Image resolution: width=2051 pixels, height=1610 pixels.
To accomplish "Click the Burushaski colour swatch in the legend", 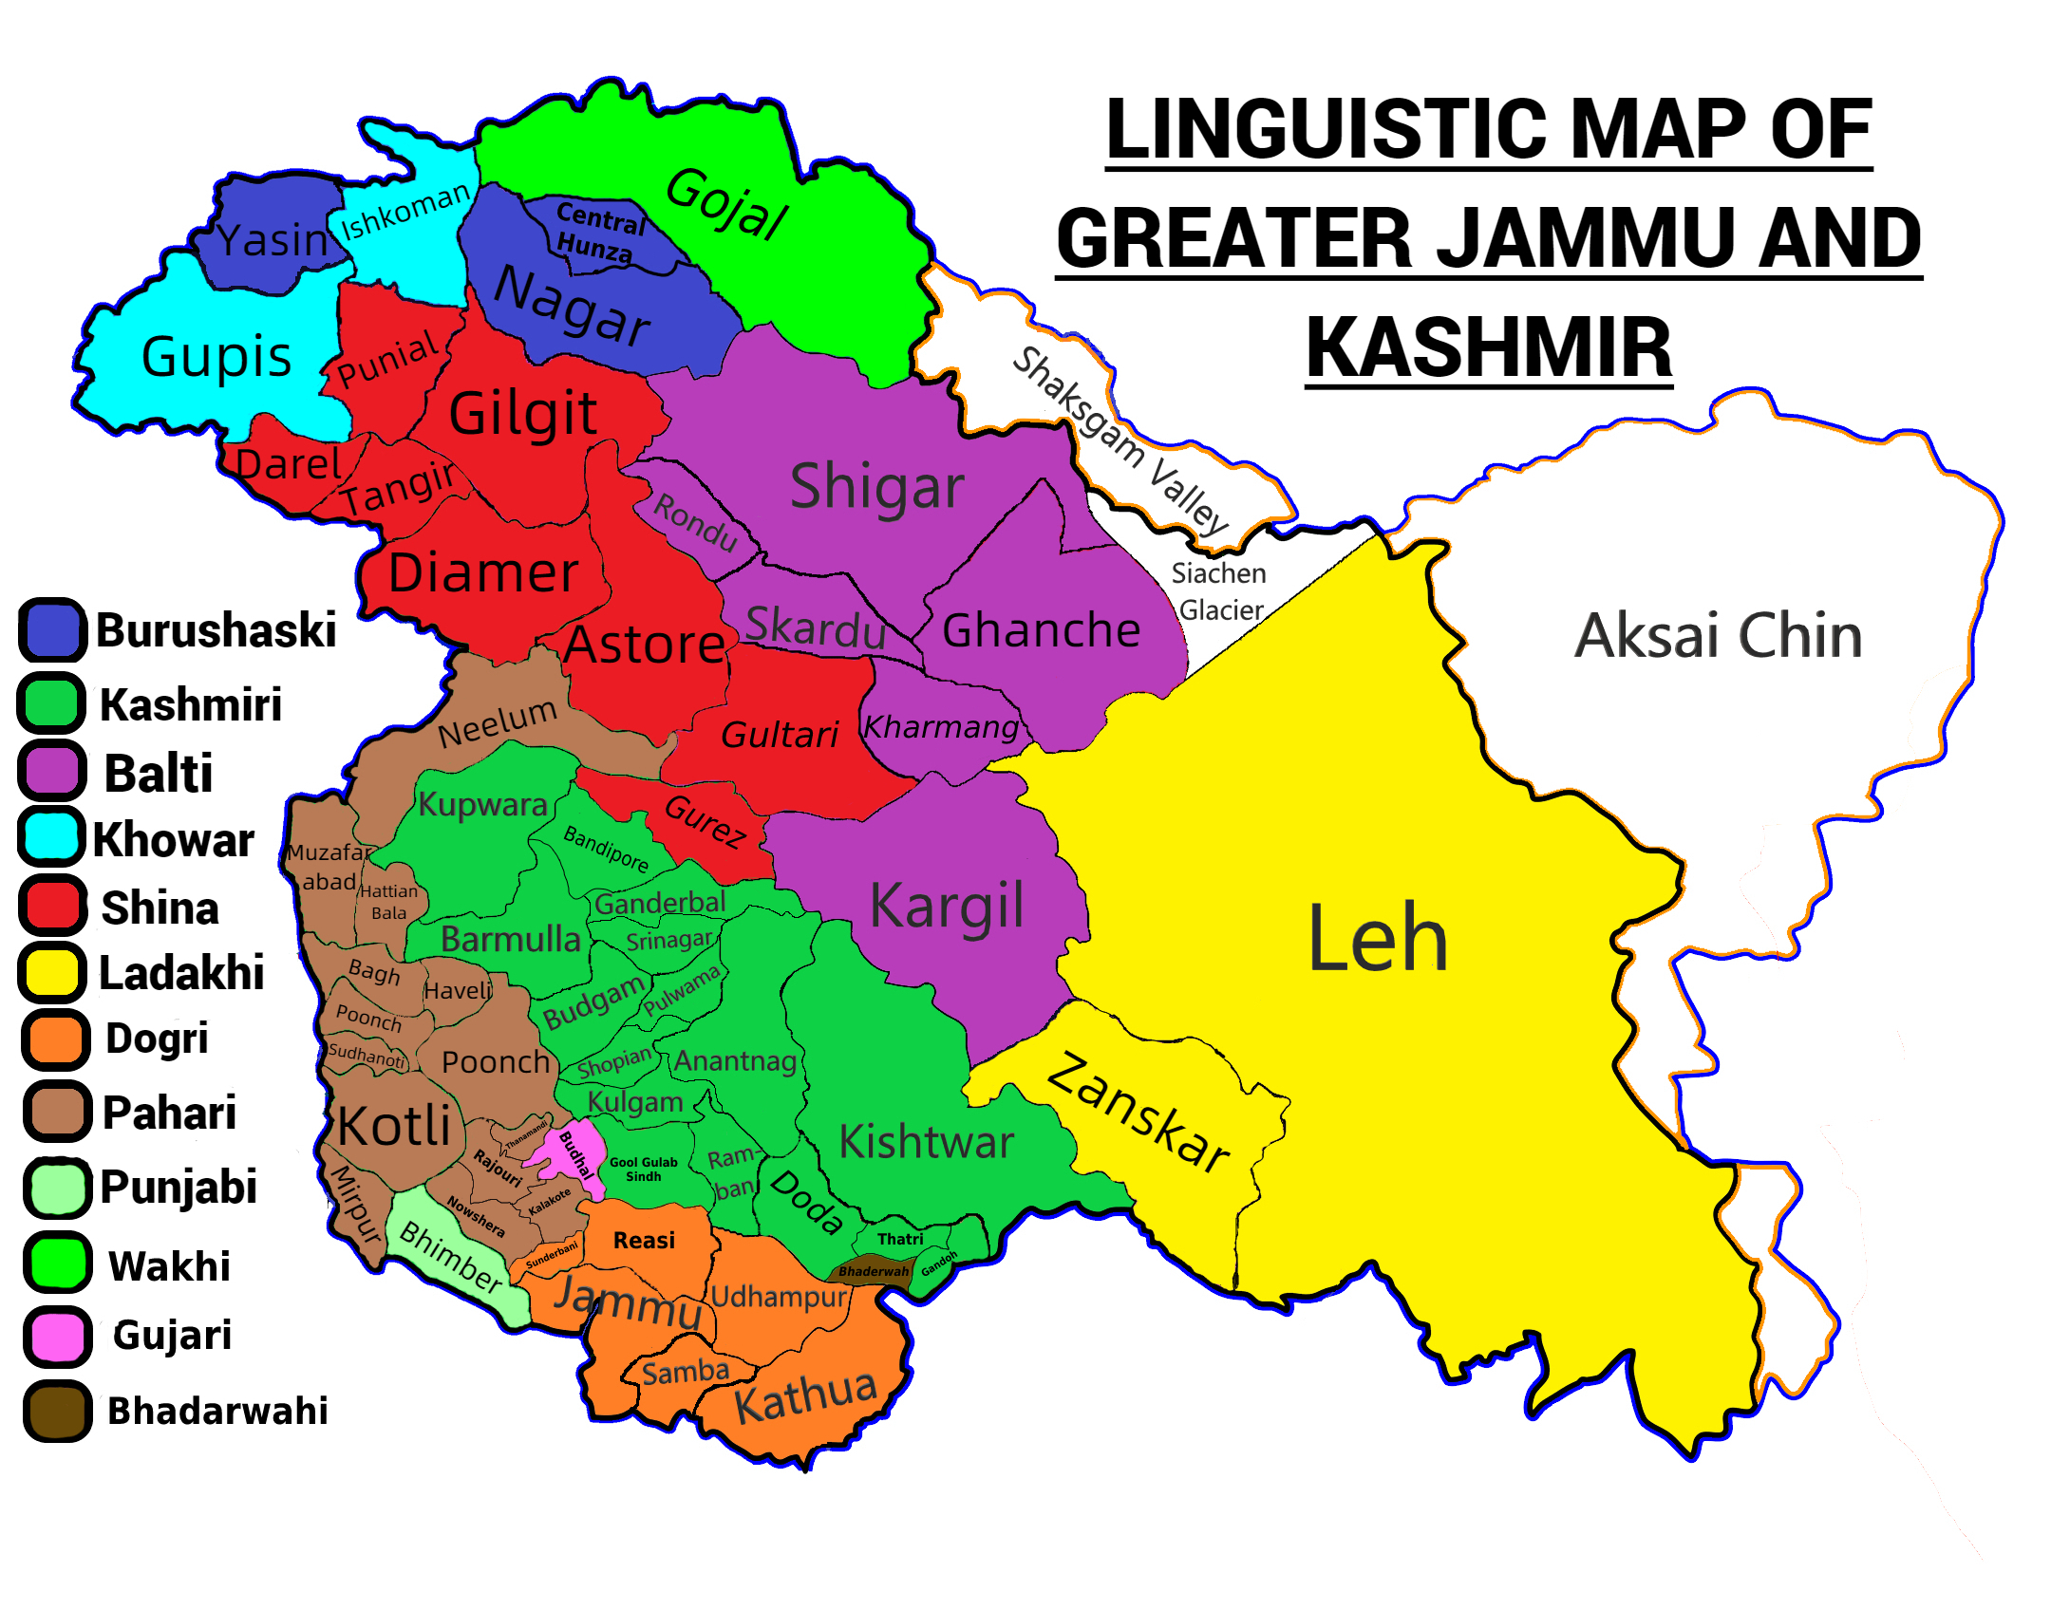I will pyautogui.click(x=53, y=630).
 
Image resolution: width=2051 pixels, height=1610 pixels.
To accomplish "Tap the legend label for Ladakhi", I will pyautogui.click(x=181, y=974).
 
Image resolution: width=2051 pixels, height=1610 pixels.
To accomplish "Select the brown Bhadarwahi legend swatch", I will pyautogui.click(x=57, y=1412).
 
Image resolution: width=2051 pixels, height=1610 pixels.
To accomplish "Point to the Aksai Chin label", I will pyautogui.click(x=1719, y=636).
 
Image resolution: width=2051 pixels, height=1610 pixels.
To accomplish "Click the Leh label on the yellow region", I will pyautogui.click(x=1377, y=940).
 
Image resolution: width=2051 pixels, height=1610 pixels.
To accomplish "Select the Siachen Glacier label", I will pyautogui.click(x=1220, y=591).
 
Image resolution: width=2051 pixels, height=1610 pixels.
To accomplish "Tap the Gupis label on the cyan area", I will pyautogui.click(x=216, y=357).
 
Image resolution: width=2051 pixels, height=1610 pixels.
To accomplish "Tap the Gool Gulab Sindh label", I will pyautogui.click(x=644, y=1170).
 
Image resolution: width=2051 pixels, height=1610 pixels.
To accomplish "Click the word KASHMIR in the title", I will pyautogui.click(x=1488, y=348).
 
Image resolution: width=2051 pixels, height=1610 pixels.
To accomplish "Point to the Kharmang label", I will pyautogui.click(x=940, y=727).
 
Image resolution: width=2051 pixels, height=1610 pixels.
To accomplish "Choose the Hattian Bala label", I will pyautogui.click(x=388, y=902).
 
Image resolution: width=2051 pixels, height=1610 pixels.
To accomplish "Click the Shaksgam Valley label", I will pyautogui.click(x=1120, y=441).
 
